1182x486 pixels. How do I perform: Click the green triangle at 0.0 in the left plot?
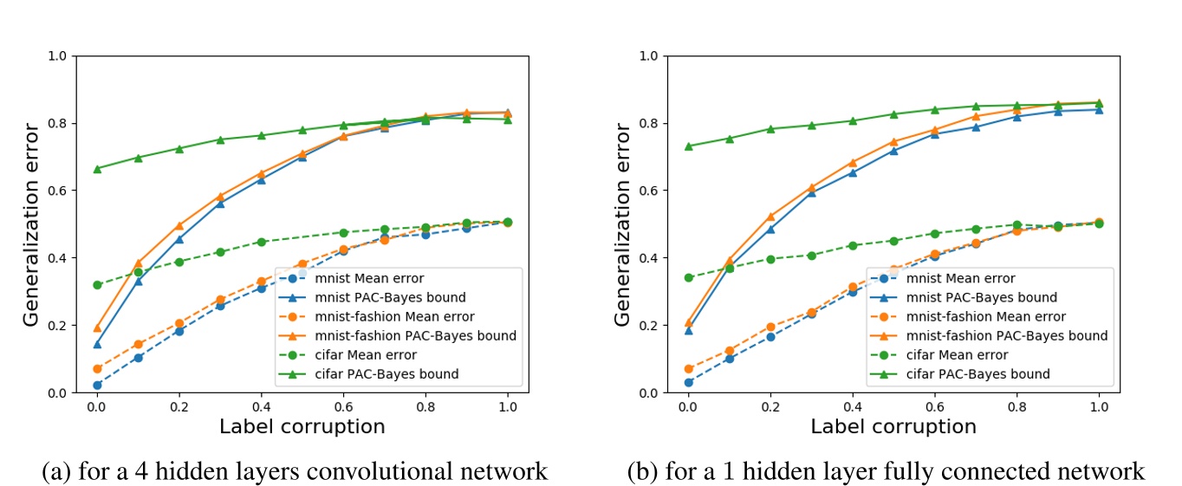pyautogui.click(x=97, y=169)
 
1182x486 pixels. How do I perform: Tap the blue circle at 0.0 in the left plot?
pyautogui.click(x=97, y=386)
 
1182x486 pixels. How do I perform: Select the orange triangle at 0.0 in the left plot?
pyautogui.click(x=97, y=328)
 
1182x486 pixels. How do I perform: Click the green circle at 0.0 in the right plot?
pyautogui.click(x=688, y=278)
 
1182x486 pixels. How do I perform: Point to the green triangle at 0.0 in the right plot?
pyautogui.click(x=688, y=146)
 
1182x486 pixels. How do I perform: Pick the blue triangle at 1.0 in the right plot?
pyautogui.click(x=1099, y=109)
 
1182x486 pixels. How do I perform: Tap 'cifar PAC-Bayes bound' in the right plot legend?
pyautogui.click(x=977, y=374)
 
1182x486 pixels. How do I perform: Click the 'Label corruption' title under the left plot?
pyautogui.click(x=302, y=426)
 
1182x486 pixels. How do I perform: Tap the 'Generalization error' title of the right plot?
pyautogui.click(x=623, y=224)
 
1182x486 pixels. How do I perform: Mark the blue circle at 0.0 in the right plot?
pyautogui.click(x=688, y=382)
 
